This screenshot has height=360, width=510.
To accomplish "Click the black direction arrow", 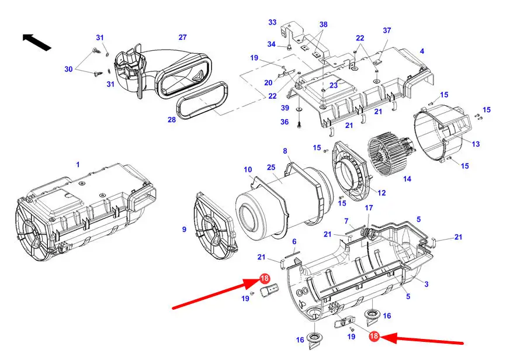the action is (36, 42).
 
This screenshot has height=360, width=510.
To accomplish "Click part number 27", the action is (182, 37).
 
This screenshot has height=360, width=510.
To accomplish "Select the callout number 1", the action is (78, 164).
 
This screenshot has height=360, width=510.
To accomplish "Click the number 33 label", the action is (272, 22).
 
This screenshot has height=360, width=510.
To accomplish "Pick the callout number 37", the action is (387, 30).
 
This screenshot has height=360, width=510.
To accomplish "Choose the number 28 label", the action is (172, 120).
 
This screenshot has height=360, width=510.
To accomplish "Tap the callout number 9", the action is (184, 230).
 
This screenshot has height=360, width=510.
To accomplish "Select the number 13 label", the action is (476, 144).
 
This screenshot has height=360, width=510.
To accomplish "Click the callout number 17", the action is (369, 207).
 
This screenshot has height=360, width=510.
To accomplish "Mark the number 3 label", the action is (426, 284).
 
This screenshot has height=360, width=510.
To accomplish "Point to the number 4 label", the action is (422, 51).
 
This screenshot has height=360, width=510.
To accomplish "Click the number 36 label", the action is (285, 122).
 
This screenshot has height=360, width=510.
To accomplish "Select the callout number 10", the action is (248, 169).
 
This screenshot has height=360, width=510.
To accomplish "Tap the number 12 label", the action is (381, 193).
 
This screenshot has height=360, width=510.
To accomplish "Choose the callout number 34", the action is (271, 44).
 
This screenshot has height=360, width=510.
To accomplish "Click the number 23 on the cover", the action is (334, 85).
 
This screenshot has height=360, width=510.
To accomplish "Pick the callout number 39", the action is (285, 108).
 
